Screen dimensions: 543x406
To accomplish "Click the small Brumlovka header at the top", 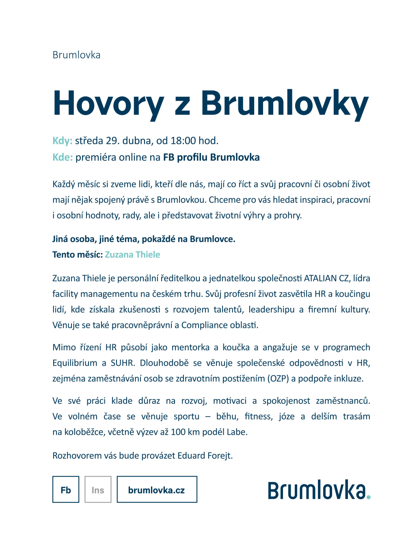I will coord(76,55).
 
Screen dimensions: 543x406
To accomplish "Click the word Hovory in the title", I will coord(108,104).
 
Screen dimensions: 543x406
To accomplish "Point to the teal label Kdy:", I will coord(62,141).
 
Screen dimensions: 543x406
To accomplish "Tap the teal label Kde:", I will coord(63,157).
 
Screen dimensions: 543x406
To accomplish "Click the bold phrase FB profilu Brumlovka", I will coord(211,157).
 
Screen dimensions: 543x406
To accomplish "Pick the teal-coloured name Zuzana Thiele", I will coord(132,255).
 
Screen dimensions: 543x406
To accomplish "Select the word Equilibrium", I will coord(75,363).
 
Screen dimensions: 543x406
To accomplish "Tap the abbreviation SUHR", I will coord(122,363).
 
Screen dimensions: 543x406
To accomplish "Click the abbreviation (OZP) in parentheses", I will coord(278,379).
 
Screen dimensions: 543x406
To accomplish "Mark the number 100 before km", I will coord(178,432).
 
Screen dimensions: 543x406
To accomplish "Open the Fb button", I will coord(66,490).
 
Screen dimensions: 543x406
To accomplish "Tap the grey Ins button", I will coord(98,490).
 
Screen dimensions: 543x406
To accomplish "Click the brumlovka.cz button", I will coord(157,490).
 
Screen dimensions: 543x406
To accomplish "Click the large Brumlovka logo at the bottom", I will coord(317,490).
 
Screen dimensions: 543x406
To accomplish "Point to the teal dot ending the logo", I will coord(368,497).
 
